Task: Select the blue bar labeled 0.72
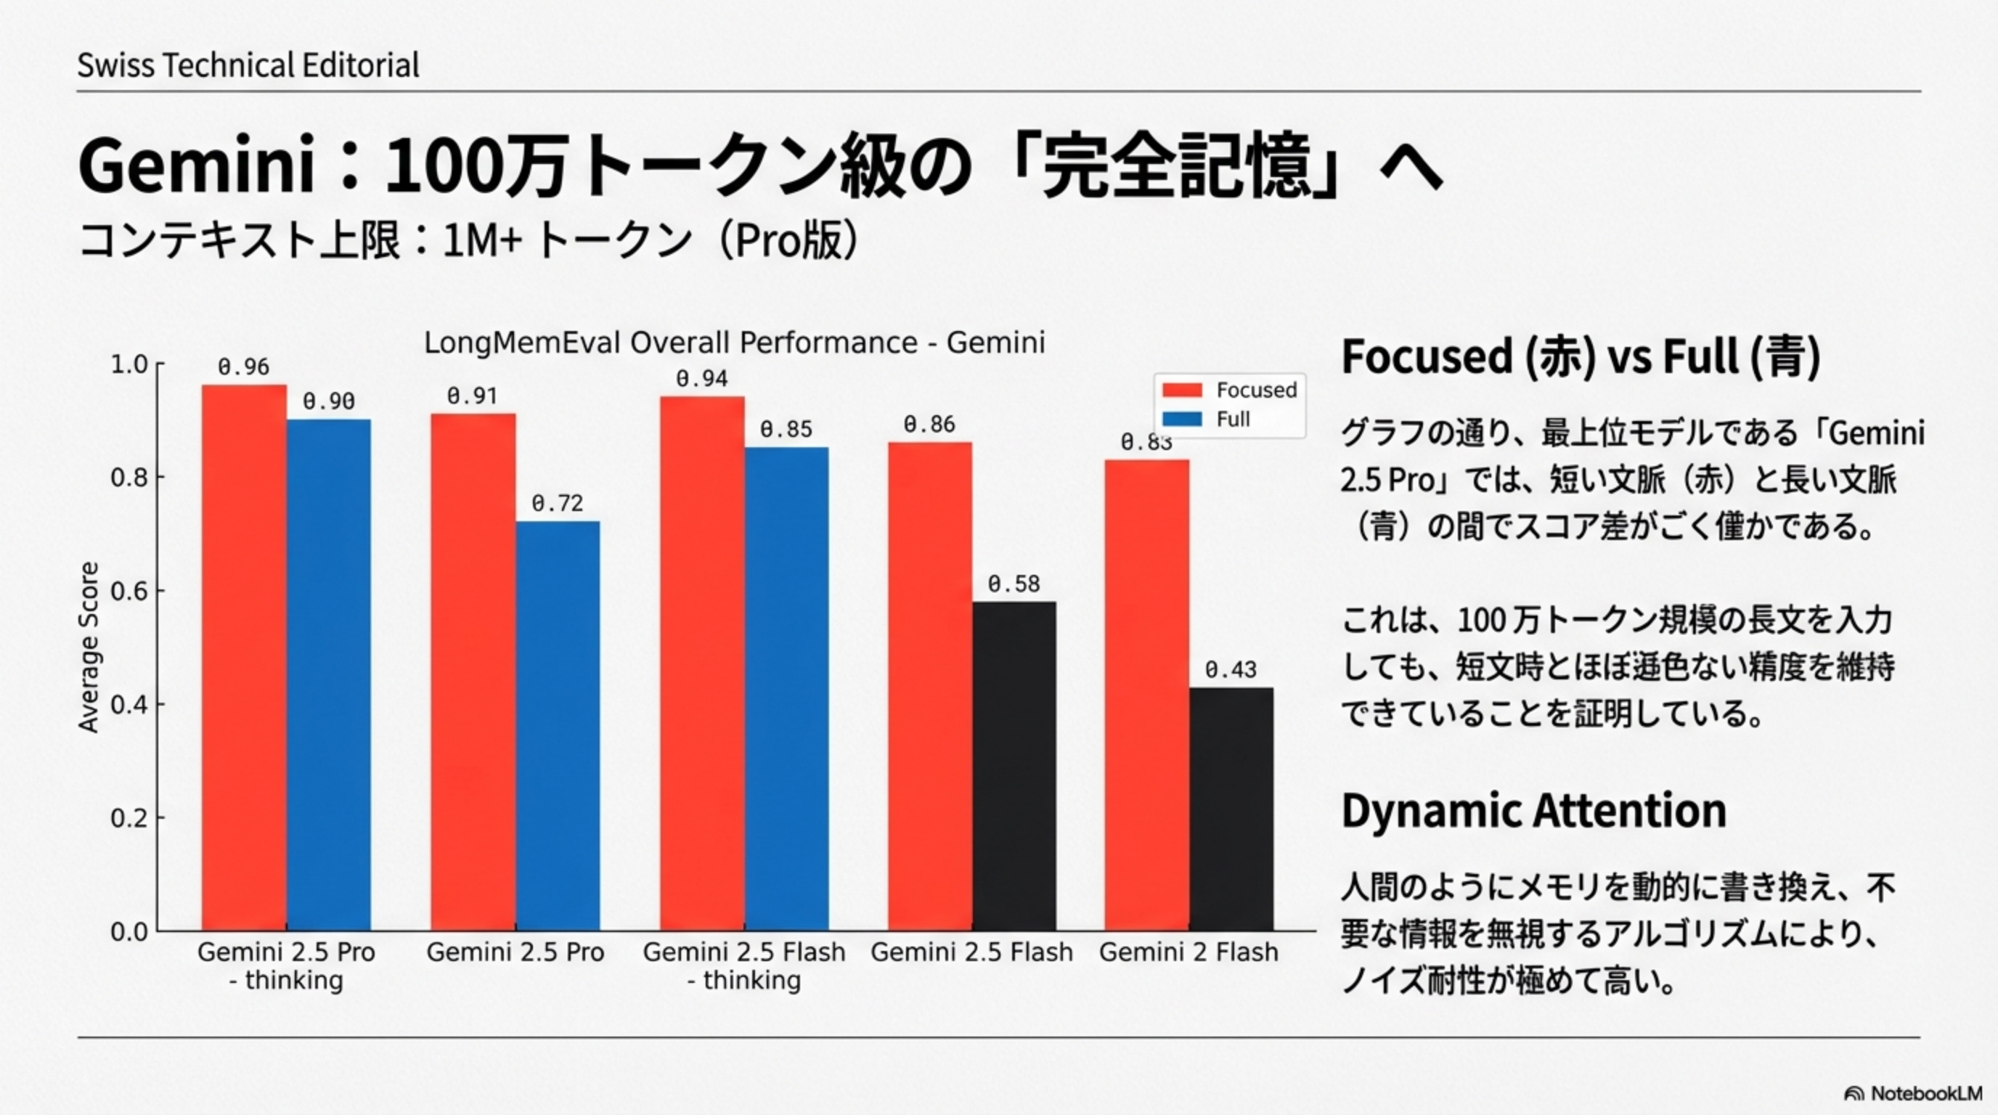(558, 726)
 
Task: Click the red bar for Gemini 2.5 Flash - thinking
(702, 663)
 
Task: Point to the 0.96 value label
(243, 367)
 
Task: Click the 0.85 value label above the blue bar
(786, 430)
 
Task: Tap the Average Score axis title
(89, 647)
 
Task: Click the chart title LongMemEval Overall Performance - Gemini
(734, 343)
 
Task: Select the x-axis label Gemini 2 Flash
(1188, 952)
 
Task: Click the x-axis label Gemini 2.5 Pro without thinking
(515, 952)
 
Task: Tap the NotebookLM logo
(1912, 1093)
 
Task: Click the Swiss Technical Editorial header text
(248, 65)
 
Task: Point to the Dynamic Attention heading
(1533, 810)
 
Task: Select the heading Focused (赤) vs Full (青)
(1581, 356)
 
